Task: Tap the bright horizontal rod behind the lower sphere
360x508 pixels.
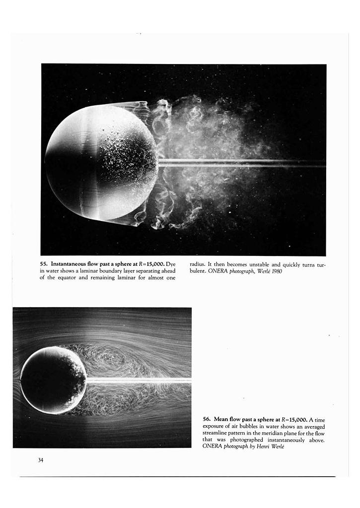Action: point(139,381)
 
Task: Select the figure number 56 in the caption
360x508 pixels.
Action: point(207,420)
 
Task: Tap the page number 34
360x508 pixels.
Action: point(41,460)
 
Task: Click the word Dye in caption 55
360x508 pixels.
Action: point(170,264)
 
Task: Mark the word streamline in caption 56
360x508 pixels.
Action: point(215,433)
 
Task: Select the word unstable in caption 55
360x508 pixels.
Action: point(264,264)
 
